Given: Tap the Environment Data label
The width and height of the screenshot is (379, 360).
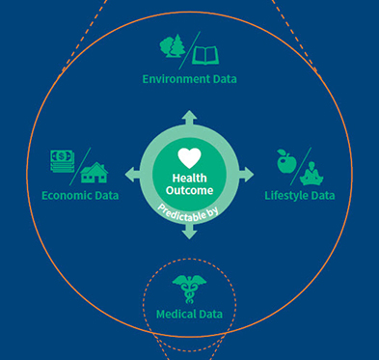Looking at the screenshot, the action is tap(189, 77).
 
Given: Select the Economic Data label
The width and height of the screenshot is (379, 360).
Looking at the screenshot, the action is tap(80, 195).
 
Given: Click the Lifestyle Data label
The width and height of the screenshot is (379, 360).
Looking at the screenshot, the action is tap(300, 195).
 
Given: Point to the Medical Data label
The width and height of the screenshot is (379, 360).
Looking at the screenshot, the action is tap(189, 314).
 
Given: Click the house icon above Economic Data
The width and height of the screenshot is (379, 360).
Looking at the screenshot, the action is tap(95, 172).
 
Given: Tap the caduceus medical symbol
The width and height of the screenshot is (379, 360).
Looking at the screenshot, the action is tap(189, 288).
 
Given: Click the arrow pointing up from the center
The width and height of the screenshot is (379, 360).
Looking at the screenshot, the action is tap(189, 118).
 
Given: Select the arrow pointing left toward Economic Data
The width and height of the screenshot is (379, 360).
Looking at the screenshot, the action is tap(132, 175).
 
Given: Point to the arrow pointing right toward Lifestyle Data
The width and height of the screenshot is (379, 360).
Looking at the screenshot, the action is tap(247, 175).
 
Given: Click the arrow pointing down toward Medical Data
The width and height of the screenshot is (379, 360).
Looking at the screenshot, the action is tap(189, 232).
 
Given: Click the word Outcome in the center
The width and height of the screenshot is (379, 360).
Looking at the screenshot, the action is tap(189, 189).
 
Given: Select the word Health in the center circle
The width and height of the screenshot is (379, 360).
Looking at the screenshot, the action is tap(189, 177).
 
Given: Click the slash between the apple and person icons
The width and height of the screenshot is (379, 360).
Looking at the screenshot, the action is tap(301, 163).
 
